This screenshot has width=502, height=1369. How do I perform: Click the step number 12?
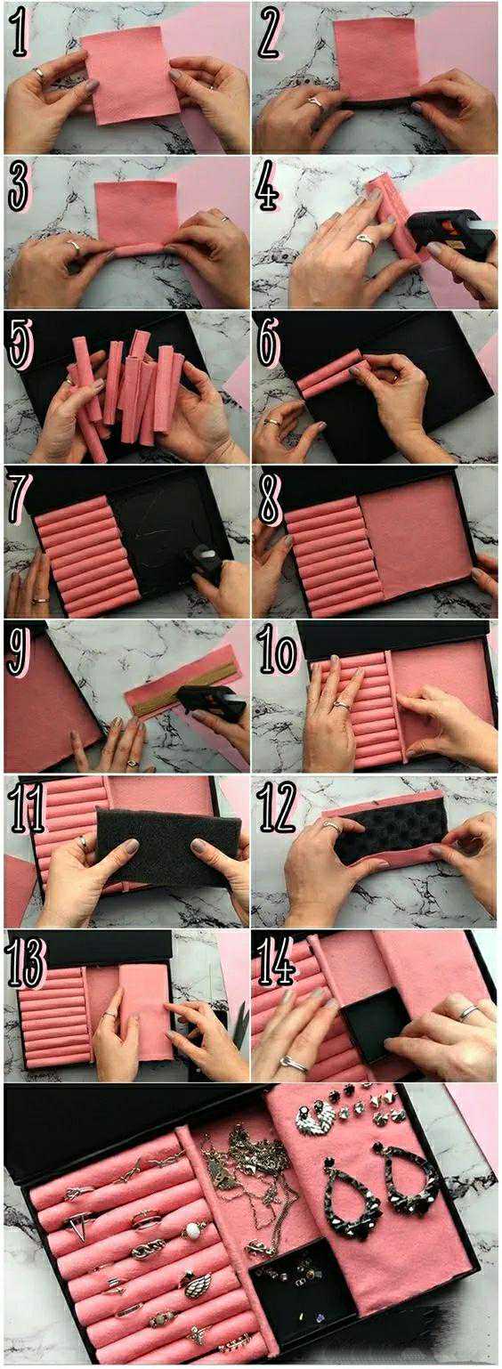pos(279,806)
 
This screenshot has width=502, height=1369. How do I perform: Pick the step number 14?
pos(279,960)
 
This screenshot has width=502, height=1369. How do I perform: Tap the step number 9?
pos(19,652)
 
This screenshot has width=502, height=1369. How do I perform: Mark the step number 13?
pos(27,960)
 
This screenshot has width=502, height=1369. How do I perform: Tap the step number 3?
pos(19,186)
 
